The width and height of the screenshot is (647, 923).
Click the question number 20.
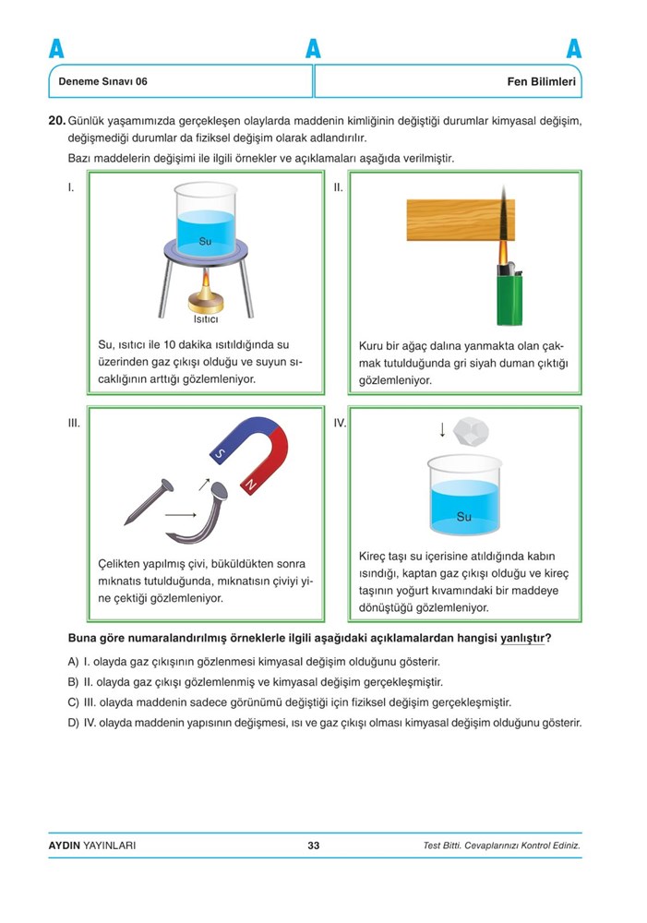56,120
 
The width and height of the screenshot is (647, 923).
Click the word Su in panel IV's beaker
463,517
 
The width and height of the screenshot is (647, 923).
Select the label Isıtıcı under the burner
205,320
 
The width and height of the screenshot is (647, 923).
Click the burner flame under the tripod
205,282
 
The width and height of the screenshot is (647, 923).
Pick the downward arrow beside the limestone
443,428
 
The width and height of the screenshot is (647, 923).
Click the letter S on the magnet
220,454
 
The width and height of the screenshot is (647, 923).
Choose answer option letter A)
73,663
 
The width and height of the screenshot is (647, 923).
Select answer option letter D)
73,723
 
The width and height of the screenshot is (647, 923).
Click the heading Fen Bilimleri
542,81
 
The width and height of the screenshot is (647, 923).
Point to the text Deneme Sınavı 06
102,81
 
